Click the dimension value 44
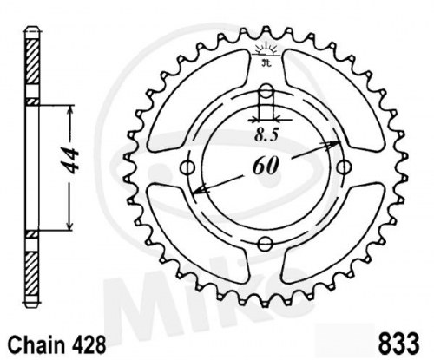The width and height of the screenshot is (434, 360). pyautogui.click(x=71, y=160)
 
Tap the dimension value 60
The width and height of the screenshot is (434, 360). pyautogui.click(x=266, y=167)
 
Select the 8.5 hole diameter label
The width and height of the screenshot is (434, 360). pyautogui.click(x=266, y=135)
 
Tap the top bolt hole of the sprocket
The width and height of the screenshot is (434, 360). pyautogui.click(x=266, y=89)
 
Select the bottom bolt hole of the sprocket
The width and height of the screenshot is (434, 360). pyautogui.click(x=265, y=244)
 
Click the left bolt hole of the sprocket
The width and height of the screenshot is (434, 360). pyautogui.click(x=187, y=167)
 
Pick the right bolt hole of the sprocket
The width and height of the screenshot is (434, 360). pyautogui.click(x=344, y=167)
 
